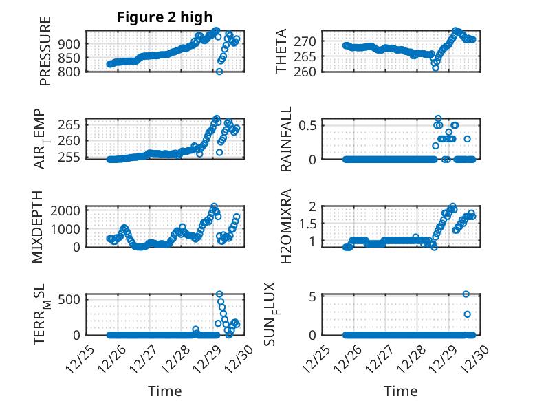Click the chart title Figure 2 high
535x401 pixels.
point(164,17)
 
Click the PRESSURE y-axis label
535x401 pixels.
point(45,55)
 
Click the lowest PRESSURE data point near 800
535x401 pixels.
point(219,72)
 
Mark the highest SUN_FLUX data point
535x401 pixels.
point(466,294)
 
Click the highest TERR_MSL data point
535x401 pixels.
point(219,294)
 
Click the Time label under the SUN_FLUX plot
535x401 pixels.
point(401,391)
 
